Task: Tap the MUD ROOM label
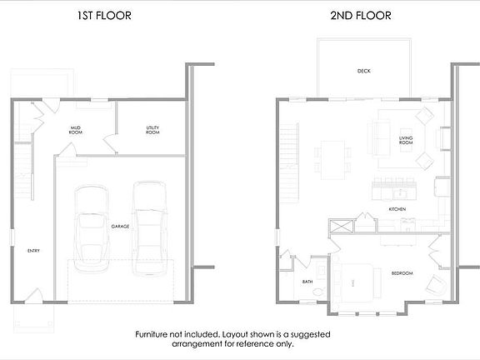(x=76, y=130)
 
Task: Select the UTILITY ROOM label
(x=152, y=130)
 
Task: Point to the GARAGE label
(x=121, y=226)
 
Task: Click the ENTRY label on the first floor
(x=33, y=250)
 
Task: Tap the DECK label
(x=363, y=71)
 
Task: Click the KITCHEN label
(x=397, y=208)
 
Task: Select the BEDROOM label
(x=402, y=273)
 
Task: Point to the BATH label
(x=307, y=282)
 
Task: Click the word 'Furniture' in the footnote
(x=156, y=333)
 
